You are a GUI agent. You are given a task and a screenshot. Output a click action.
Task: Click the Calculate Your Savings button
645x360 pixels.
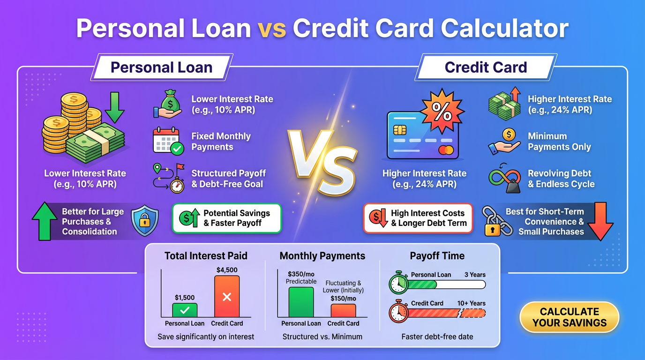point(569,317)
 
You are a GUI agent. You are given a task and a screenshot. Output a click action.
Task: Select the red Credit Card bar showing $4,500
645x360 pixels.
point(227,297)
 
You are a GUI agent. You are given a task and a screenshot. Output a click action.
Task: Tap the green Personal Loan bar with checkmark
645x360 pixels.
point(185,310)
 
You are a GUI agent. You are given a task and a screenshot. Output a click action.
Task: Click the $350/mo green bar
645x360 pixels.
point(301,302)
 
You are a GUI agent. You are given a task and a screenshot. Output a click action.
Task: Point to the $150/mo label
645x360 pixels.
point(343,299)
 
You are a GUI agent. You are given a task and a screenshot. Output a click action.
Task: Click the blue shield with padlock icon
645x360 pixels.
point(144,221)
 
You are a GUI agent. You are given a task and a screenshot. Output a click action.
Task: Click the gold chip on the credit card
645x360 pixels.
point(400,129)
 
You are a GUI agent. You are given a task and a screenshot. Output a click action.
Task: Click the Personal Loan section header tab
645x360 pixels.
point(162,67)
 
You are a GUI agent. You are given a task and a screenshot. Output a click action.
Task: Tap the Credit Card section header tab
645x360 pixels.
point(486,67)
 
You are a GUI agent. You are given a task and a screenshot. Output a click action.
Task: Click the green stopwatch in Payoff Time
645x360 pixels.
point(399,283)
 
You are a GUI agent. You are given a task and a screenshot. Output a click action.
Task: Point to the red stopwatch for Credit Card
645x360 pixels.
point(399,311)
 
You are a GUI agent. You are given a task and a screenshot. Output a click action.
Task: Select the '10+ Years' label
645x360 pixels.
point(472,303)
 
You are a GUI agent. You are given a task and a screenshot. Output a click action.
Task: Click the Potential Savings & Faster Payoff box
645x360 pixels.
point(226,218)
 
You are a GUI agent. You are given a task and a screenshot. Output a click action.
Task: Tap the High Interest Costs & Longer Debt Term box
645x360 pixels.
point(418,218)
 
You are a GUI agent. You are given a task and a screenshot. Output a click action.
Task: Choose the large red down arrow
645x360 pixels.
point(600,221)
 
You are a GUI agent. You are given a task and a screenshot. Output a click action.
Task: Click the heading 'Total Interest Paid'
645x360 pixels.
point(206,256)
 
